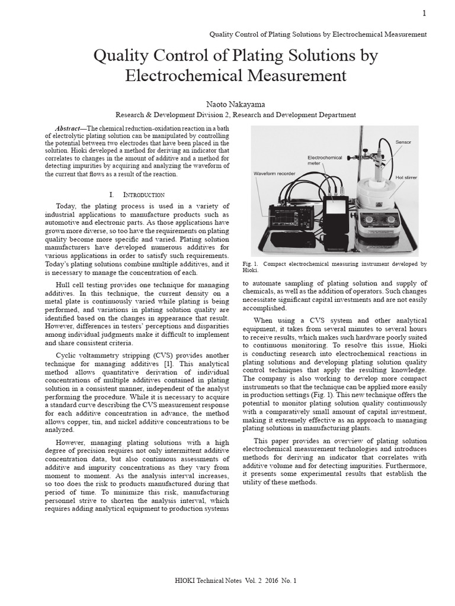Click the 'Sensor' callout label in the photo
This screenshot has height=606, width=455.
(x=403, y=143)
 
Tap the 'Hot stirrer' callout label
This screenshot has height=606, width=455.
(x=406, y=178)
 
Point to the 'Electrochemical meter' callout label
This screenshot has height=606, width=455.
(x=325, y=160)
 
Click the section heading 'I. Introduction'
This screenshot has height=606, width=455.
(x=137, y=194)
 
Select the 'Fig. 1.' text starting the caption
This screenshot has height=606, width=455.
(x=251, y=264)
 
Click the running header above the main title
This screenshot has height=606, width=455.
(x=318, y=34)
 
